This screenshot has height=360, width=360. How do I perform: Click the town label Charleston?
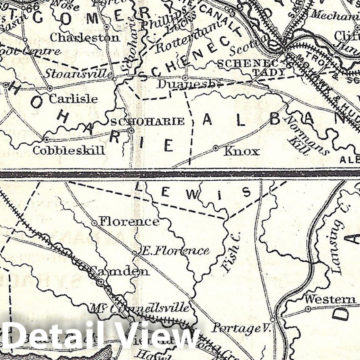(85, 37)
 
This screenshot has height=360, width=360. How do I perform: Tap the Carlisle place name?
(73, 99)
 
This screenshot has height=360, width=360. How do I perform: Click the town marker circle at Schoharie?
(131, 131)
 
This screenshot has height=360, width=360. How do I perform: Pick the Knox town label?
(242, 151)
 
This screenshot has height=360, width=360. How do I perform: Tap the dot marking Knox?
(216, 148)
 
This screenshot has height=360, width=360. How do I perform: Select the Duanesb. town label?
(188, 84)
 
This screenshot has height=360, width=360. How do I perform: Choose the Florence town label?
(129, 222)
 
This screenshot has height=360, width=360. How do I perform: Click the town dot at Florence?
(94, 223)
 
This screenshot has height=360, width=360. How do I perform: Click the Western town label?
(330, 299)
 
